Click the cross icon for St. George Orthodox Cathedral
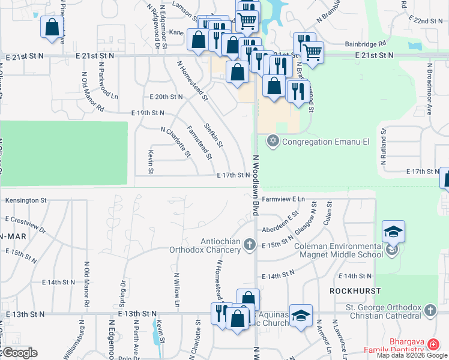coord(430,310)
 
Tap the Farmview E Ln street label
coord(283,198)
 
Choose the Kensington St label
coord(26,199)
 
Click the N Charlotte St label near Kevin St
coord(175,142)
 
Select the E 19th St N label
coord(148,113)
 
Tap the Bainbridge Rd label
coord(365,44)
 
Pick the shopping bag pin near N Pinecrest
coord(52,27)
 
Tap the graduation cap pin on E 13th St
coord(301,315)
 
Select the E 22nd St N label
coord(426,20)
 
